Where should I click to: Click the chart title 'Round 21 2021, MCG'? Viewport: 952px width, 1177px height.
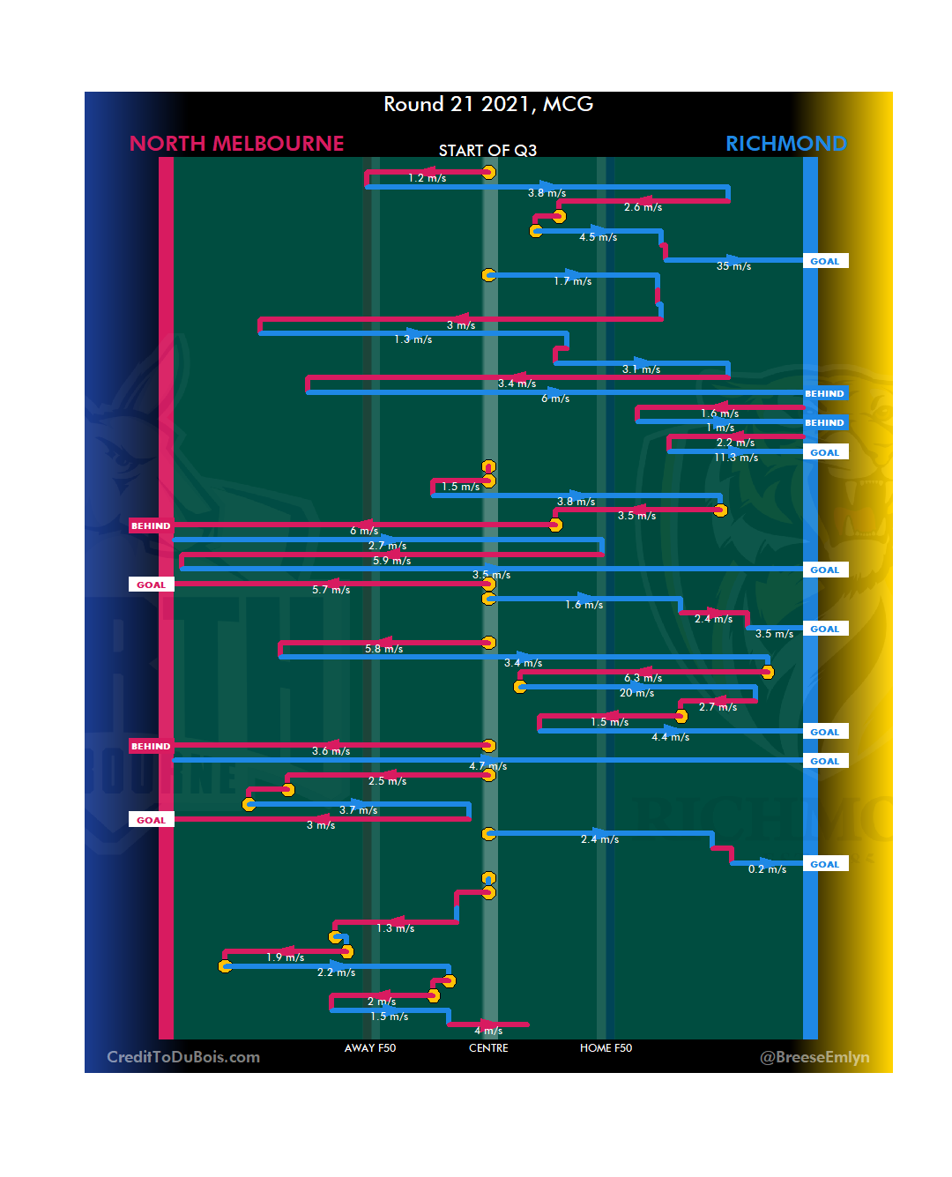[488, 104]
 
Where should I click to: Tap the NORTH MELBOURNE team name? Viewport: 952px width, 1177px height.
[236, 144]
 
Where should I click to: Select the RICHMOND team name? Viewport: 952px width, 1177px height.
[785, 144]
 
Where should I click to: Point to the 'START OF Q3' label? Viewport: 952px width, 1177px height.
[487, 151]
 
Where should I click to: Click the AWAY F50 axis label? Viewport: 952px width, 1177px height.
[370, 1048]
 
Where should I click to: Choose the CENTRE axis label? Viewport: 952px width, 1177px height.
[488, 1048]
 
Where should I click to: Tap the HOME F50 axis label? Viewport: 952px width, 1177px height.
[606, 1048]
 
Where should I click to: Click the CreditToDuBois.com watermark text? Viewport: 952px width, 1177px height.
[183, 1057]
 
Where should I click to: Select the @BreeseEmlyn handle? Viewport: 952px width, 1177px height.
[814, 1057]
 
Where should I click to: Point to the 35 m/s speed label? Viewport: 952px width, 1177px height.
[733, 266]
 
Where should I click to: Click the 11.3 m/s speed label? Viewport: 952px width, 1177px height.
[736, 458]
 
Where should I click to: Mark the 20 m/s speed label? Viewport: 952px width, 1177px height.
[636, 693]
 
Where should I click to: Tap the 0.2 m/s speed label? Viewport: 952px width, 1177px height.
[767, 869]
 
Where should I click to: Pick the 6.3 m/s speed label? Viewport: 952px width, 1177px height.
[643, 678]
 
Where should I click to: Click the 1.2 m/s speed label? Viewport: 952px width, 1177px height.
[427, 178]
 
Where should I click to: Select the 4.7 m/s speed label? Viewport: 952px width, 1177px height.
[487, 766]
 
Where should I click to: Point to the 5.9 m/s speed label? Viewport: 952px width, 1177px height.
[391, 561]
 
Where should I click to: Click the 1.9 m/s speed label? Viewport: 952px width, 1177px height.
[285, 957]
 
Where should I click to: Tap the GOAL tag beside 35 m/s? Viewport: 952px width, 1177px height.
[825, 261]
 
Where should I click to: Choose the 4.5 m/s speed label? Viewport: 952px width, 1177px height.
[598, 237]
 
